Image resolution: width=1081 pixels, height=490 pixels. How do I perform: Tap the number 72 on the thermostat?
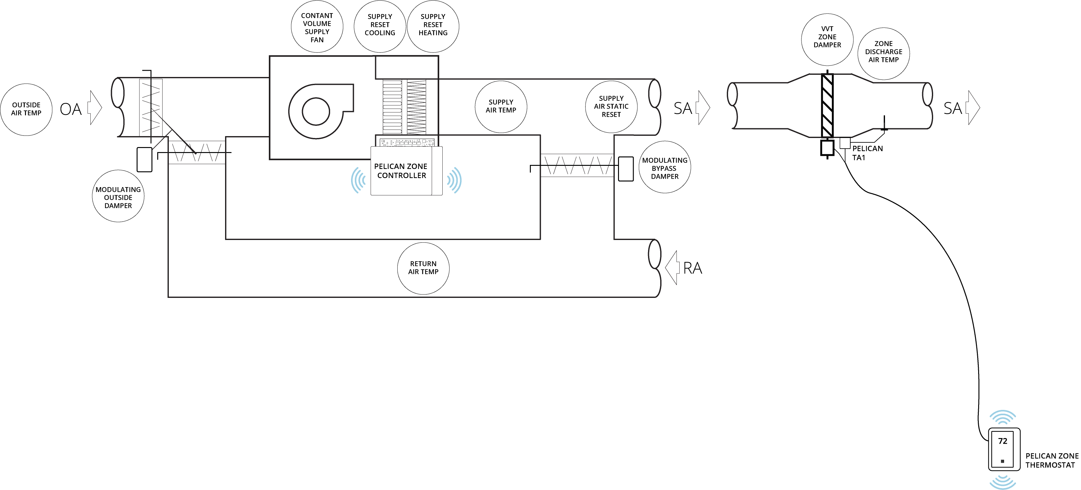(1003, 441)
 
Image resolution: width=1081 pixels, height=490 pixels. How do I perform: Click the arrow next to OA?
(95, 108)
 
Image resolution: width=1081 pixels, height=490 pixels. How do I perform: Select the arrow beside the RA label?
(671, 268)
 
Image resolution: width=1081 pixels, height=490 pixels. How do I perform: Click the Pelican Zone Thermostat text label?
(1052, 461)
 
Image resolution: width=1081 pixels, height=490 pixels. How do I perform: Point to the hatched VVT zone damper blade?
(827, 106)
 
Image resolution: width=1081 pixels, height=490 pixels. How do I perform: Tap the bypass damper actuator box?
(626, 169)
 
